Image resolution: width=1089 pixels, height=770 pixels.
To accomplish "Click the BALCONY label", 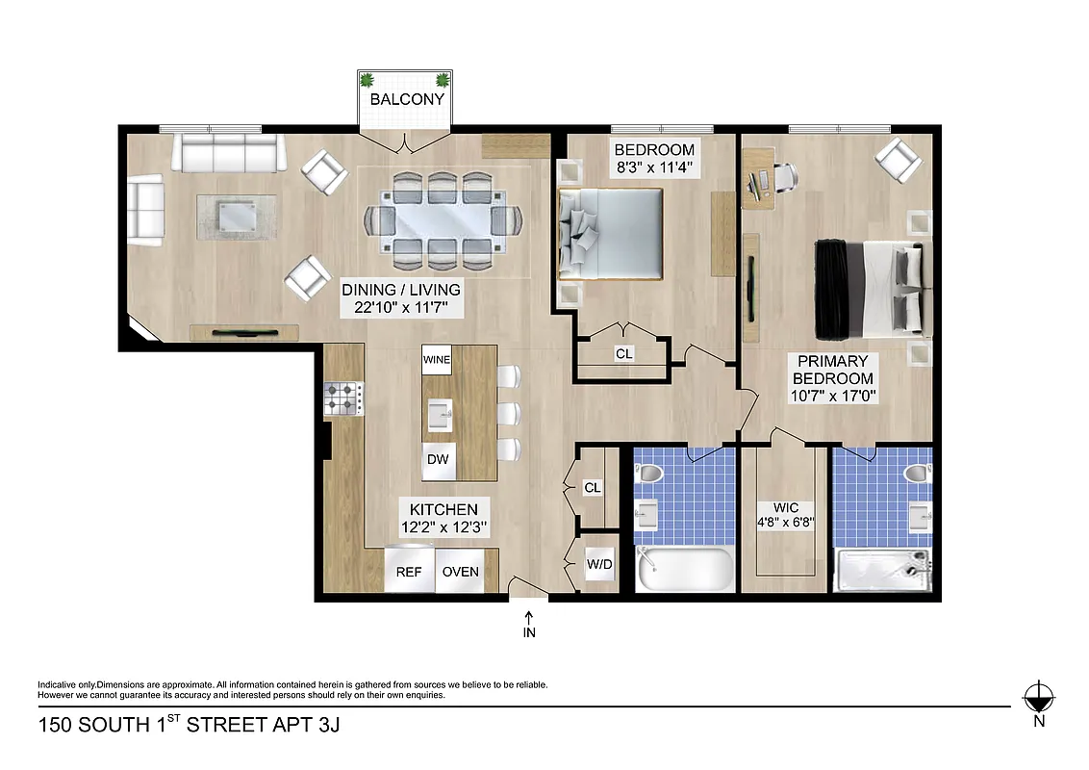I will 407,99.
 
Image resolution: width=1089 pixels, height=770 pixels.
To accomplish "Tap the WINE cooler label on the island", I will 437,360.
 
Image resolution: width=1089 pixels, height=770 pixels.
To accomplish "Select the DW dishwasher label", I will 438,459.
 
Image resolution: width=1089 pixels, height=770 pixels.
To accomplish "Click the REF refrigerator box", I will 409,571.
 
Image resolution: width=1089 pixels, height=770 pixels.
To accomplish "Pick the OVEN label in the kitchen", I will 460,571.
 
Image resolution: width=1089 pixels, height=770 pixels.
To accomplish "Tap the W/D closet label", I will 599,564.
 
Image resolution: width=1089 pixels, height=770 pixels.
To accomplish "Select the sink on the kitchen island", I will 439,414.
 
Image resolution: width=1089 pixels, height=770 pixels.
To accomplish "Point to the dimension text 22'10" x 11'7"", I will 401,308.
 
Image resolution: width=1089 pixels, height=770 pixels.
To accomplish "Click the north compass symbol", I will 1037,696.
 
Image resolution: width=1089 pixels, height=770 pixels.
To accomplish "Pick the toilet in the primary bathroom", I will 916,473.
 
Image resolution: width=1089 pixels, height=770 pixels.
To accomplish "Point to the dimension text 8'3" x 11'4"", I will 654,167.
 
